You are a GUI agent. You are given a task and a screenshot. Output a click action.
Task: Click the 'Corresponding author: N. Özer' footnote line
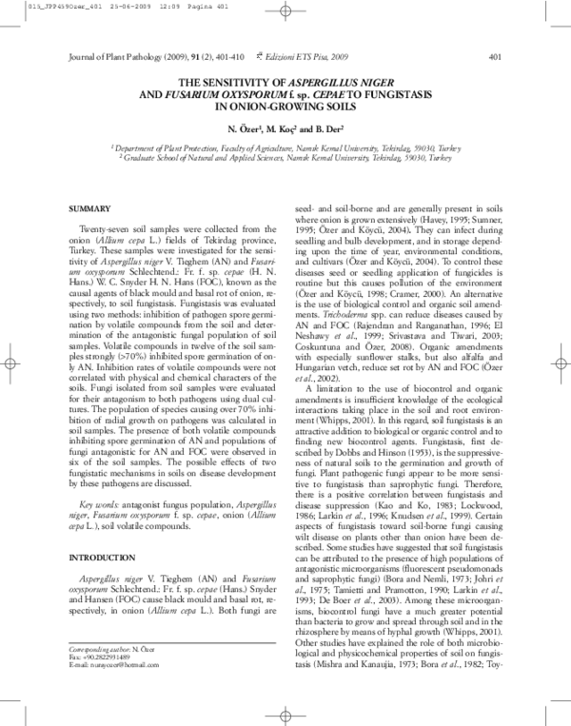(108, 671)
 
